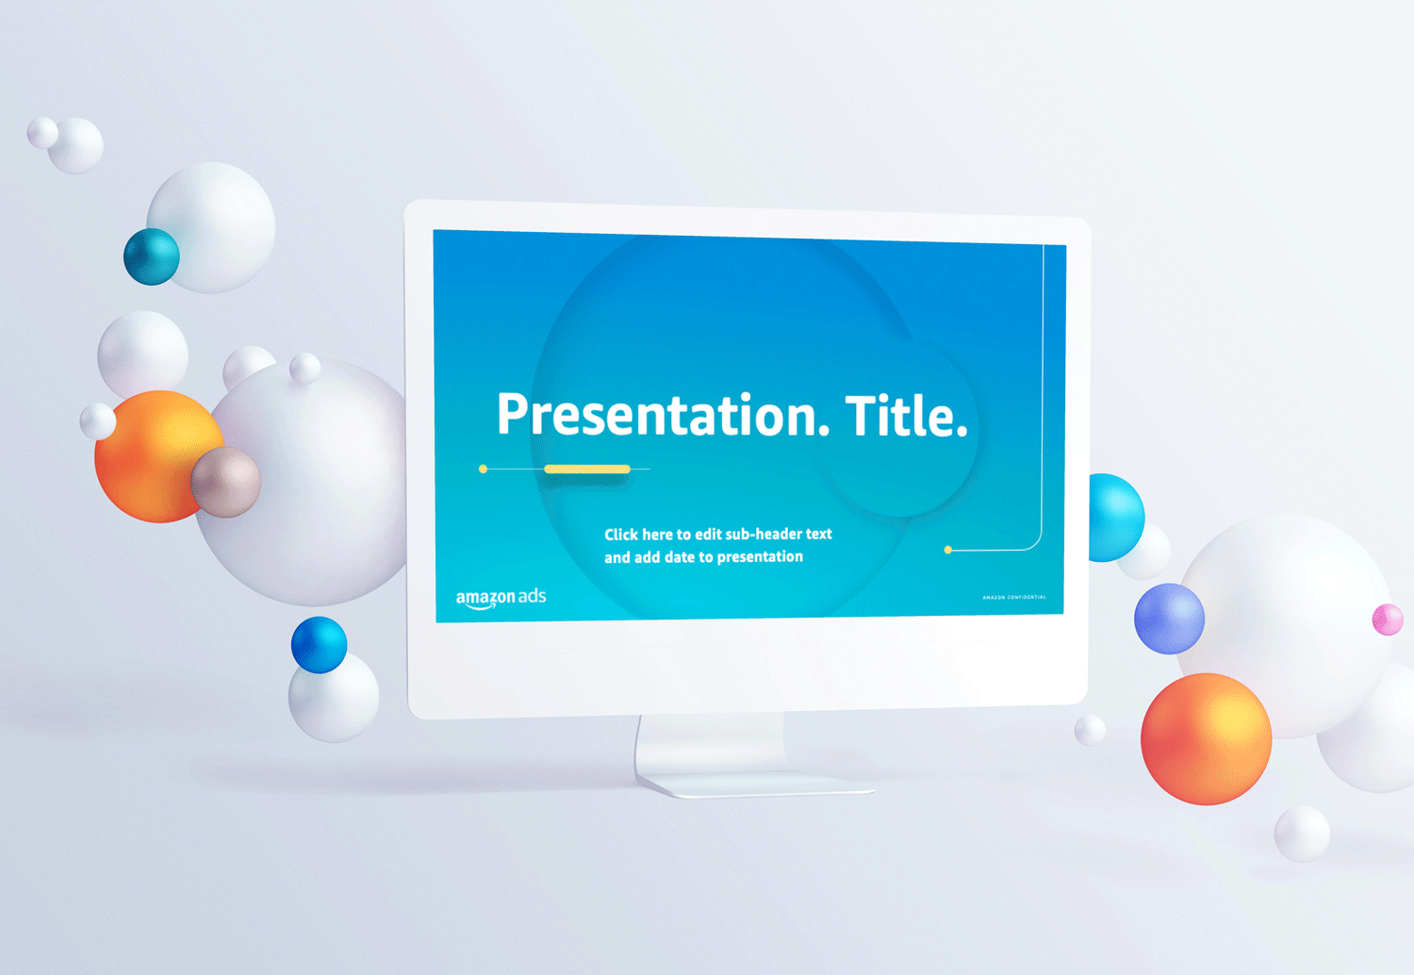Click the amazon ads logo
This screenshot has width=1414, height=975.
pos(501,598)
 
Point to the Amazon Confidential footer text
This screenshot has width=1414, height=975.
pos(1013,597)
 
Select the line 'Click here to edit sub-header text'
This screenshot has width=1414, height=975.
pos(717,534)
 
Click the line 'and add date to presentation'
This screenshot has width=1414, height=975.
pos(703,557)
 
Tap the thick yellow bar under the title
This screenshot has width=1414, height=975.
pos(586,469)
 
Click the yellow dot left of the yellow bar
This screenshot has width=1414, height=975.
pos(484,469)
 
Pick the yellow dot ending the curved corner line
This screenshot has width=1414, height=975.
pos(948,550)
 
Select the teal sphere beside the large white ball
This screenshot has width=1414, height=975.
pos(151,256)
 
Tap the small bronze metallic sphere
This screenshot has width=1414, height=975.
pos(226,483)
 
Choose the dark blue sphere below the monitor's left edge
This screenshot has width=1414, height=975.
pos(319,644)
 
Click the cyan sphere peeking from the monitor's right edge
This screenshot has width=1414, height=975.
pos(1117,517)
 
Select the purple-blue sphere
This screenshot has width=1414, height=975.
pos(1169,619)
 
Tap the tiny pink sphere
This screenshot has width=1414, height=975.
pos(1388,620)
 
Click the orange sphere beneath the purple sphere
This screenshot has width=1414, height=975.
pos(1206,738)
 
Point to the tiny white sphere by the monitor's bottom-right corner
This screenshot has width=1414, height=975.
pos(1090,730)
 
